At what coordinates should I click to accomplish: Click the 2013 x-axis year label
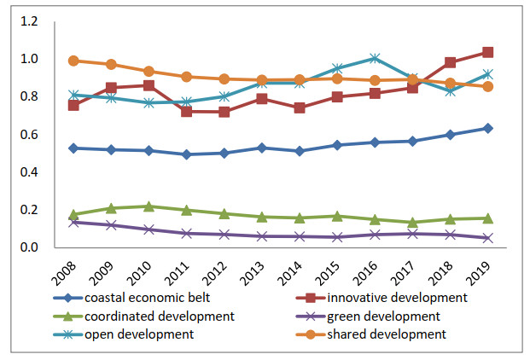[x=253, y=271]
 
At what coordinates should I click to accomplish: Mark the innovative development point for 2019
[x=487, y=52]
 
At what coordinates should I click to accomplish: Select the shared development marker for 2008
[x=73, y=61]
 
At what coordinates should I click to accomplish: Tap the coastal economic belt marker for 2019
[x=487, y=128]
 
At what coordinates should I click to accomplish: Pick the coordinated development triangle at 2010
[x=149, y=206]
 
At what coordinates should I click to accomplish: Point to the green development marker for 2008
[x=73, y=222]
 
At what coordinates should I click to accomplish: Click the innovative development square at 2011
[x=186, y=111]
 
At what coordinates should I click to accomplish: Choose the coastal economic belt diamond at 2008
[x=73, y=148]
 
